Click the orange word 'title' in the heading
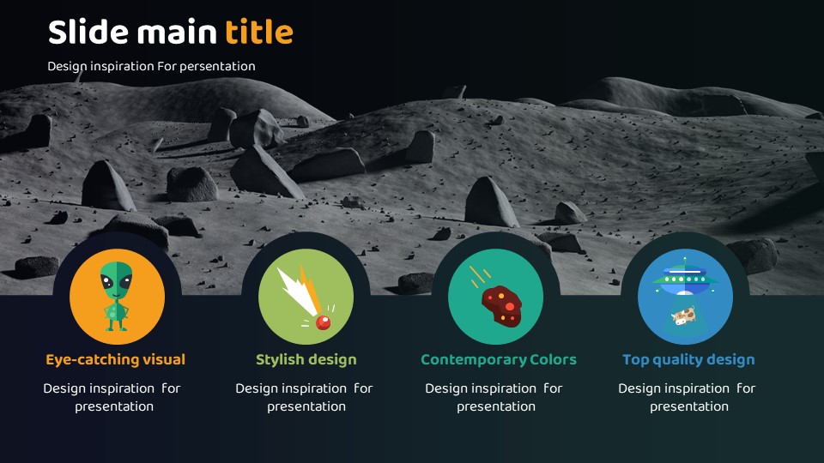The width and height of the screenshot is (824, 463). coord(259,32)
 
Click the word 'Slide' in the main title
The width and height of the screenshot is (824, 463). coord(88,32)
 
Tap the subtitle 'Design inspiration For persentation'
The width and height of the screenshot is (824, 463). coord(151,67)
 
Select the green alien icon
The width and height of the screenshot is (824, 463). coord(117,296)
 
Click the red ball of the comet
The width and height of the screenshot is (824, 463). coord(323,322)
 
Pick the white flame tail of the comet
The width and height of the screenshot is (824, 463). coord(299,291)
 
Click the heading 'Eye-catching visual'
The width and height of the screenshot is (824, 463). coord(116,359)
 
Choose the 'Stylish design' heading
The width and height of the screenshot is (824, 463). coord(306,359)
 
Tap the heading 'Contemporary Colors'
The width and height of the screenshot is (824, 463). coord(499,359)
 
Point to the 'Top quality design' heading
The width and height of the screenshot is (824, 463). coord(689,359)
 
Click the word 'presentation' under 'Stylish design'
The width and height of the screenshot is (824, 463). coord(306,406)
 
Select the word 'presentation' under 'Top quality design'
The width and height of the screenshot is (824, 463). coord(689,406)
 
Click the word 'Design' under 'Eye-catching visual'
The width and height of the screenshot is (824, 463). coord(64,389)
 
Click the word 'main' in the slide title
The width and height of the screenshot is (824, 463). coord(177,32)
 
